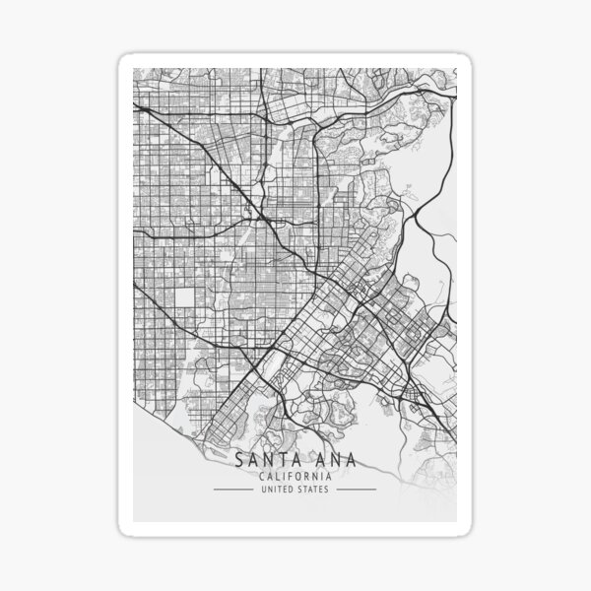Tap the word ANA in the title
tap(327, 461)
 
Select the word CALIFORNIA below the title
tap(295, 476)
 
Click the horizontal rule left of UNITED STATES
tap(232, 489)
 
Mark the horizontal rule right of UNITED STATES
tap(357, 489)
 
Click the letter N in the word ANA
tap(327, 461)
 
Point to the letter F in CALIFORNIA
tap(291, 476)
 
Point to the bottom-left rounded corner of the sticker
tap(123, 530)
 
